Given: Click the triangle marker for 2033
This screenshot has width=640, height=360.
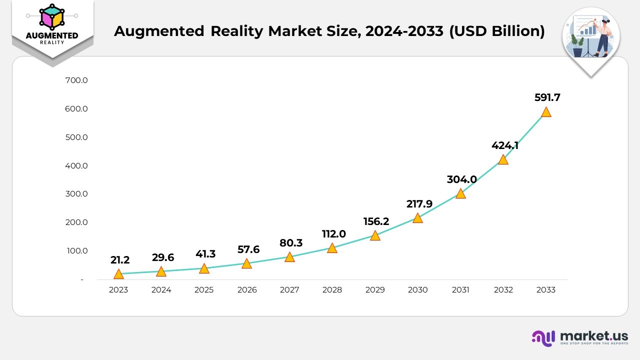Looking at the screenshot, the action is [x=546, y=112].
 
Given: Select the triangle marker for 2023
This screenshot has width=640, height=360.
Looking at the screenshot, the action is [x=118, y=274].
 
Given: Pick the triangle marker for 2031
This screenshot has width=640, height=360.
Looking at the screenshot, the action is [x=460, y=194].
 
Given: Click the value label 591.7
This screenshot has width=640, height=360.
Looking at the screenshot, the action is [x=547, y=97].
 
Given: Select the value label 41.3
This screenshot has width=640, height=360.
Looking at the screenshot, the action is [x=205, y=254].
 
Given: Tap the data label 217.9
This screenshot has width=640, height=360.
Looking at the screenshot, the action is [x=418, y=204].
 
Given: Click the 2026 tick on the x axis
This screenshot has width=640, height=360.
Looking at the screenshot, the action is [x=246, y=290].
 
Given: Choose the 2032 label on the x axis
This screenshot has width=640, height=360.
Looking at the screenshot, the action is [x=503, y=290].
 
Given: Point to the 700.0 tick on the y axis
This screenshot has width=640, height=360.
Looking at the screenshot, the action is [x=76, y=80].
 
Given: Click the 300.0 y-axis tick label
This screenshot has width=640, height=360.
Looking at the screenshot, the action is [x=76, y=194].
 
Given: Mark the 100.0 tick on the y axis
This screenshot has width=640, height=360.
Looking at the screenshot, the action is [x=76, y=250].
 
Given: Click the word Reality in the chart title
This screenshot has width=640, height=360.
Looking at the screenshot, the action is [x=237, y=31].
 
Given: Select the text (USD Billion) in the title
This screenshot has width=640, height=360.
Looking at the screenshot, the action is [x=497, y=31].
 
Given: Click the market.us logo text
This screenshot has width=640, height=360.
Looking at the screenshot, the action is [x=594, y=336].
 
